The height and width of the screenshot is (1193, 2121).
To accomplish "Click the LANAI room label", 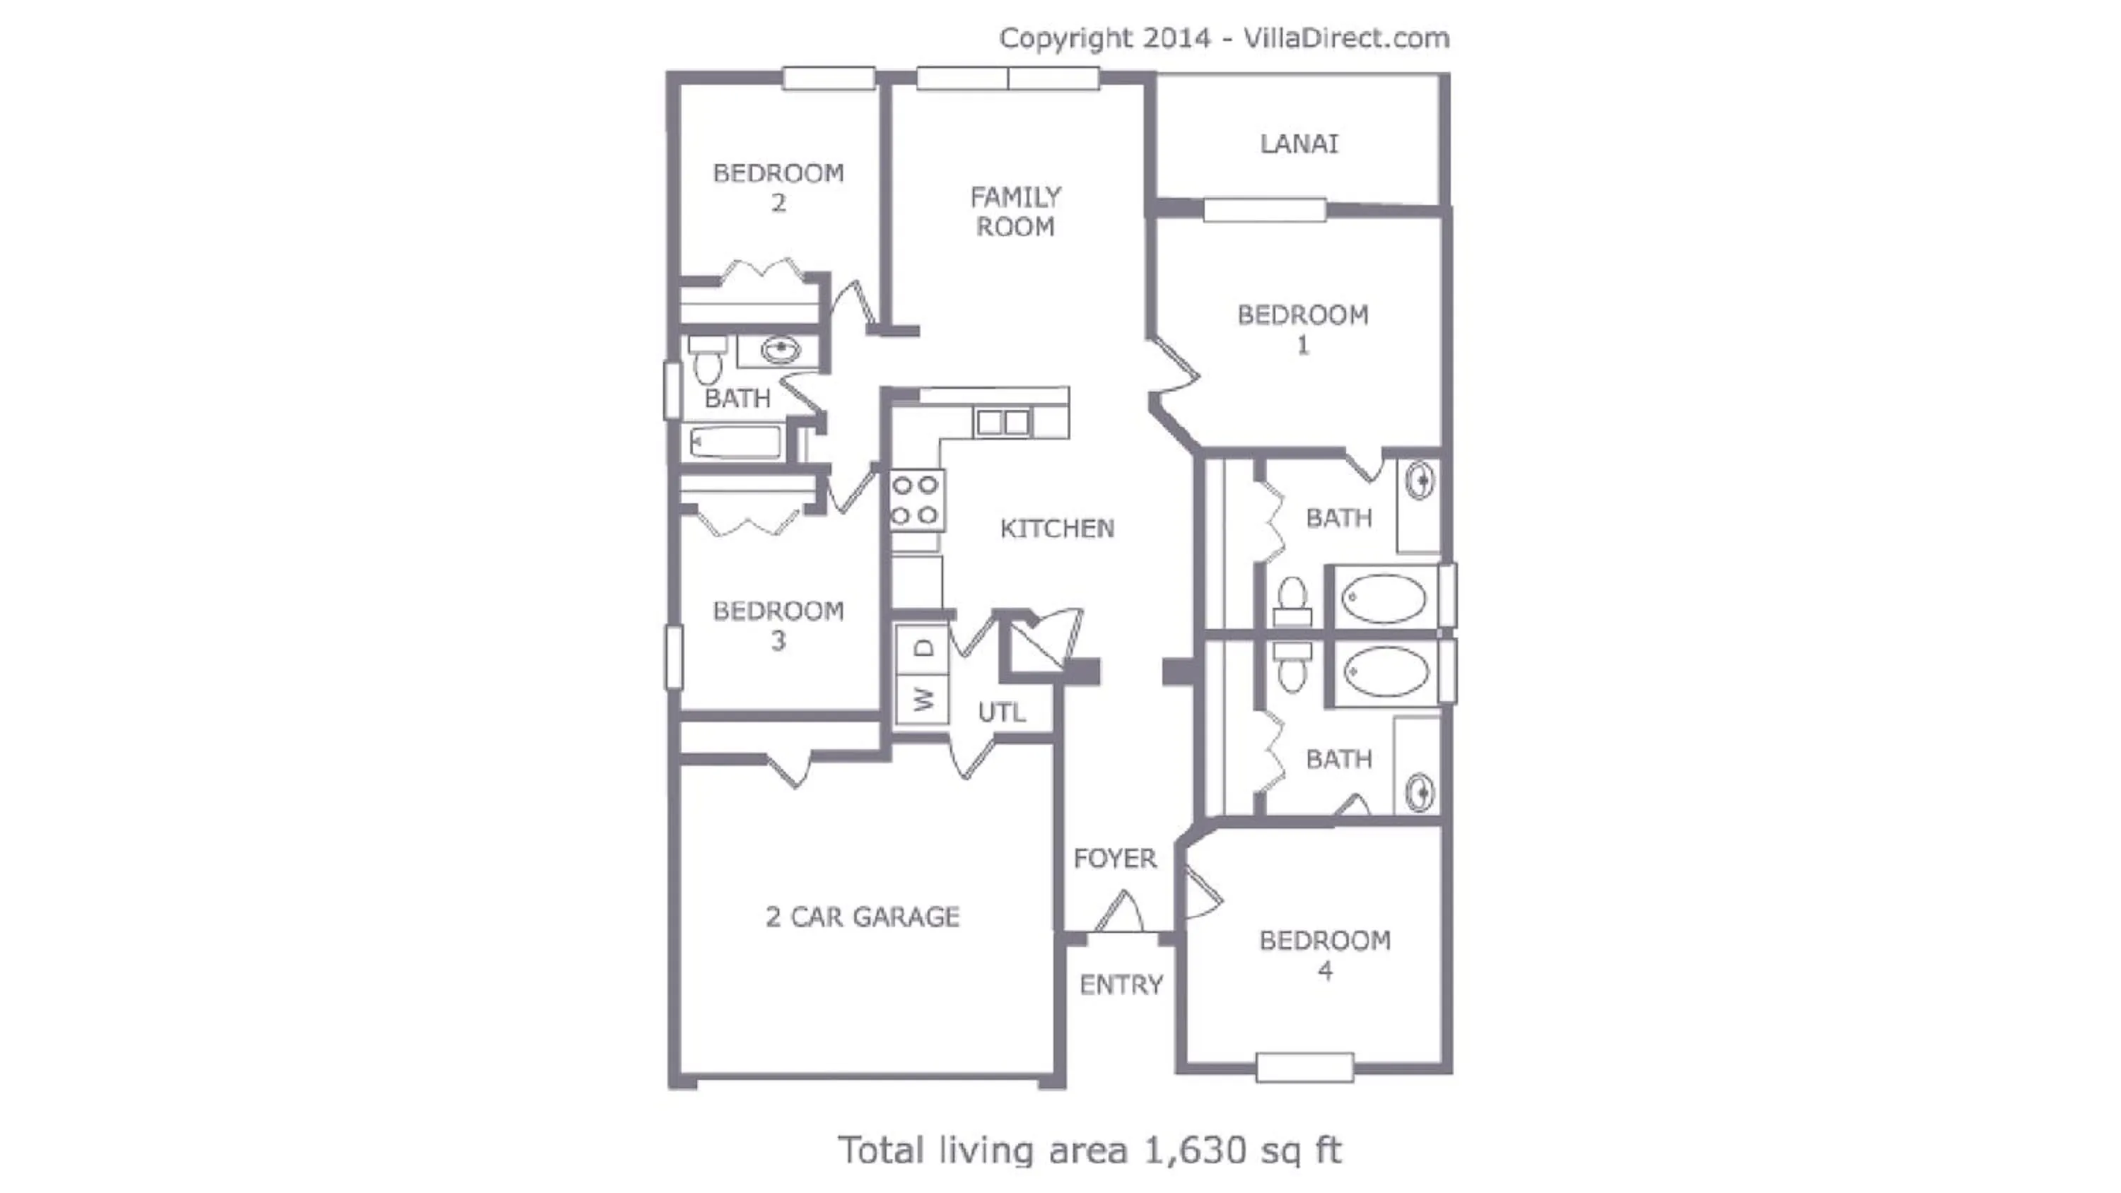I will tap(1299, 144).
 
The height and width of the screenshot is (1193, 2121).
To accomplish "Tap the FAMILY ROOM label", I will tap(1015, 211).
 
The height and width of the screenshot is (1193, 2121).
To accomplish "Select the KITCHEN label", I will tap(1057, 529).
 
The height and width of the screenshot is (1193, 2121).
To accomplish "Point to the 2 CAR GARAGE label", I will tap(862, 917).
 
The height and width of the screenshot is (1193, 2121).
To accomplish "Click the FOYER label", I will tap(1115, 859).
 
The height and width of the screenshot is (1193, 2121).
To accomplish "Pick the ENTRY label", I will tap(1121, 985).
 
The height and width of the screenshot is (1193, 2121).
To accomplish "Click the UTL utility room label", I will tap(1001, 712).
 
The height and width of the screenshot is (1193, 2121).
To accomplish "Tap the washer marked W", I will tap(924, 699).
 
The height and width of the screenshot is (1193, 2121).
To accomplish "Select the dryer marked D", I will tap(924, 649).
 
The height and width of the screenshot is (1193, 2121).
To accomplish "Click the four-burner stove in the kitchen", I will tap(916, 500).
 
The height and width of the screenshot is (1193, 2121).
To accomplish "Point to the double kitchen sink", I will tap(1002, 423).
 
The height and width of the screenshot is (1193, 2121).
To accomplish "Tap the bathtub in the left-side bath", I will tap(735, 443).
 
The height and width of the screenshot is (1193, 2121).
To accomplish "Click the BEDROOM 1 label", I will tap(1302, 329).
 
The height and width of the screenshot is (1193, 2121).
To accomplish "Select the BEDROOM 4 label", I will tap(1325, 955).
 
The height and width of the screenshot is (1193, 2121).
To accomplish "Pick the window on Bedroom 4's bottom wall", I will tap(1305, 1068).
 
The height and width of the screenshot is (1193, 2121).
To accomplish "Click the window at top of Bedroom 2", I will tap(829, 78).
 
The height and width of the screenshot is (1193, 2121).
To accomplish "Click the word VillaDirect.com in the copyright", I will tap(1346, 38).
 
